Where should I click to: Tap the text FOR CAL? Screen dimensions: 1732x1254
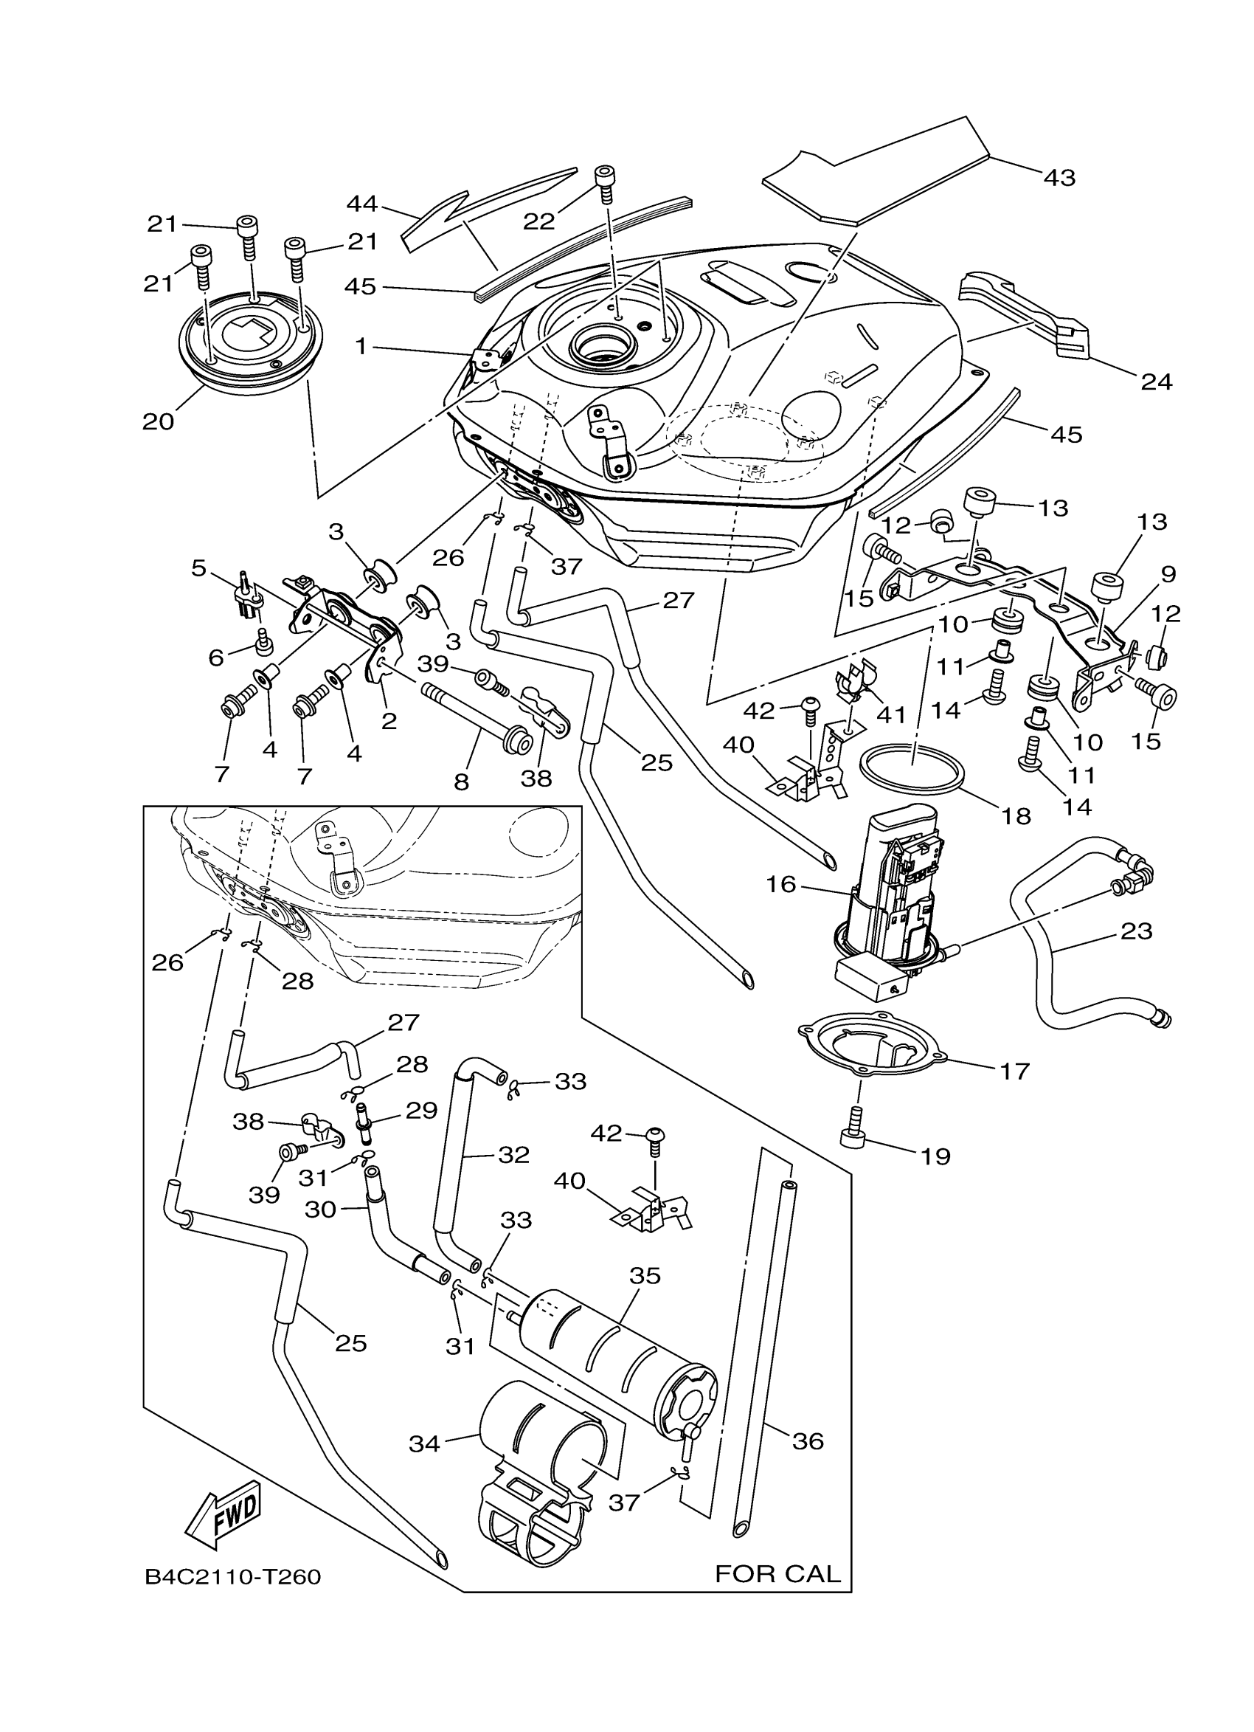tap(777, 1573)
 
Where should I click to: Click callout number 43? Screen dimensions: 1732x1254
tap(1059, 177)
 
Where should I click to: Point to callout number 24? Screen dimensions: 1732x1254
tap(1156, 381)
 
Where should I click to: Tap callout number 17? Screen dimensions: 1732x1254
tap(1015, 1072)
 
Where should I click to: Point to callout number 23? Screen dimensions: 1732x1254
tap(1136, 931)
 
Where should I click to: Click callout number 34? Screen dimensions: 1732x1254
tap(424, 1443)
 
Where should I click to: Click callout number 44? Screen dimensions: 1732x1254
tap(362, 204)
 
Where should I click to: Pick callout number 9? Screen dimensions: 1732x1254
tap(1168, 573)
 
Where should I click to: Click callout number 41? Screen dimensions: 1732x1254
tap(890, 715)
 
